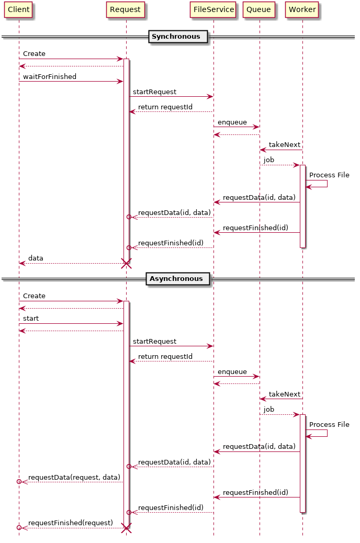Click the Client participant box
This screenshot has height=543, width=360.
click(x=18, y=9)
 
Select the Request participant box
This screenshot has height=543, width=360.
click(x=125, y=9)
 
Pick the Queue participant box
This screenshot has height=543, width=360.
click(x=258, y=9)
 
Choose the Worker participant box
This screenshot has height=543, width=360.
click(x=302, y=9)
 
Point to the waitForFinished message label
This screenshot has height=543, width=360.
click(x=50, y=77)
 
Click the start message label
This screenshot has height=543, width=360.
click(x=31, y=319)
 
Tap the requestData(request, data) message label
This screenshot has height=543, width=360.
click(x=74, y=478)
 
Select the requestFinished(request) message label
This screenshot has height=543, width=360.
click(x=71, y=523)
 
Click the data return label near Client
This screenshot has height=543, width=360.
click(x=36, y=258)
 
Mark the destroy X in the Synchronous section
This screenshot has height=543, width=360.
click(x=126, y=263)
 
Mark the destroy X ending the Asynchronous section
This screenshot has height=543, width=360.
click(x=126, y=528)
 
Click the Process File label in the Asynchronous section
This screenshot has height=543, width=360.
click(x=329, y=425)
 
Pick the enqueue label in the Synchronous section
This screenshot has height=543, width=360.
click(x=232, y=122)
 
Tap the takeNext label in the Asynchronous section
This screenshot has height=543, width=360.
click(x=285, y=394)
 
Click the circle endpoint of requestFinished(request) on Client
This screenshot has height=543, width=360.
click(x=19, y=528)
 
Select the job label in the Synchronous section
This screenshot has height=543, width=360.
click(x=269, y=160)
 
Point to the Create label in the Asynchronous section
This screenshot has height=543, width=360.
click(x=34, y=296)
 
